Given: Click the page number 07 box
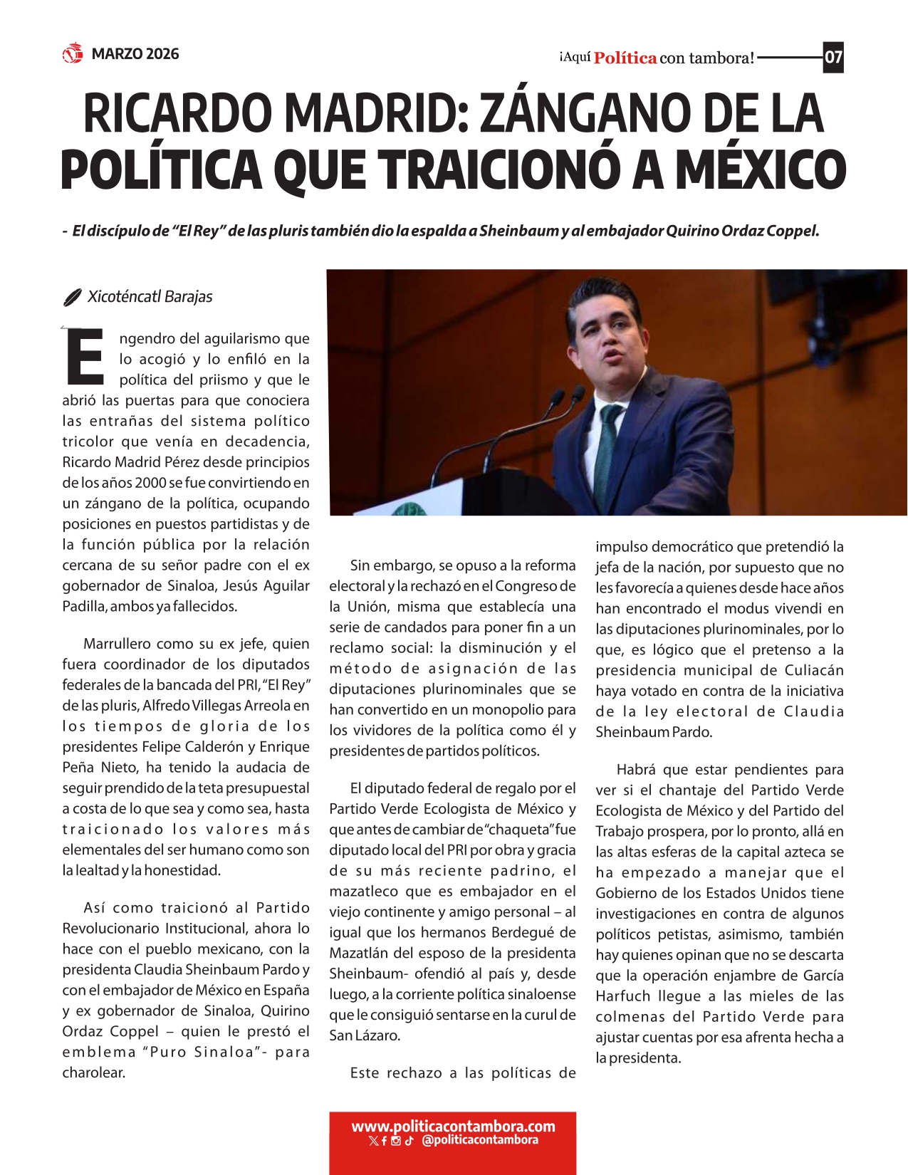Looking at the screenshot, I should click(x=833, y=57).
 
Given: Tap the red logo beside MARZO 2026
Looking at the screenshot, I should click(x=73, y=53).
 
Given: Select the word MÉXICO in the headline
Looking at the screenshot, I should click(x=761, y=171).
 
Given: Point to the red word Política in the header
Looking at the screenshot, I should click(x=625, y=58).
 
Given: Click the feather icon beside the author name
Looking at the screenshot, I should click(x=72, y=298).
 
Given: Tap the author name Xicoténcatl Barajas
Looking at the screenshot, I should click(x=150, y=297).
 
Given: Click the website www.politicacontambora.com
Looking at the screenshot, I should click(x=453, y=1127).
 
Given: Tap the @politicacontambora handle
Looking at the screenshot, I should click(x=479, y=1140).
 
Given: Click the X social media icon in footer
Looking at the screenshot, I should click(x=373, y=1141).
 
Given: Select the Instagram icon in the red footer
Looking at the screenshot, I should click(x=396, y=1141).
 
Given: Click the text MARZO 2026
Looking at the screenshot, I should click(x=135, y=54).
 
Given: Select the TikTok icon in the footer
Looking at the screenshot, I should click(x=409, y=1141).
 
